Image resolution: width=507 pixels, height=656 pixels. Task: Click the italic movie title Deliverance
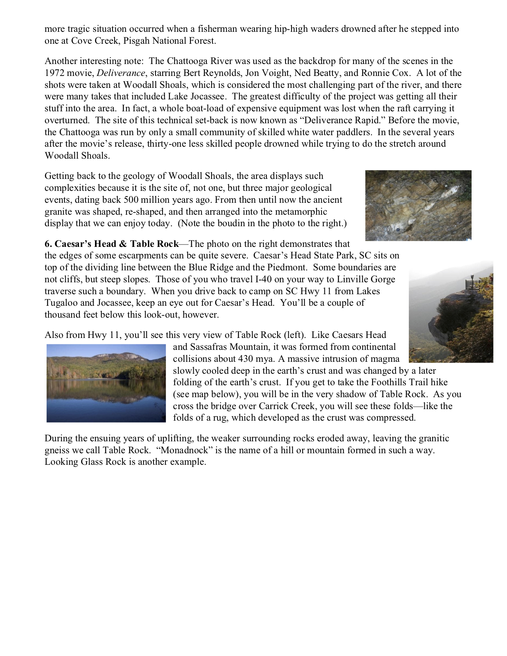(x=121, y=73)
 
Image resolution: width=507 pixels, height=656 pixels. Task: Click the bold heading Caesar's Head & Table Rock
(x=111, y=244)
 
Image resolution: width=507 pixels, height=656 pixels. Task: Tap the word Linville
(x=352, y=279)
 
